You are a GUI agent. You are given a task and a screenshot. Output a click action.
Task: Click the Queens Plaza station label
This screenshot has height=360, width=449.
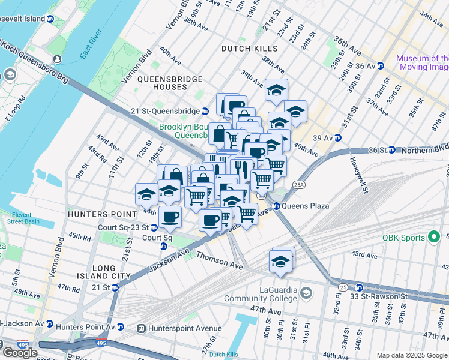pos(307,206)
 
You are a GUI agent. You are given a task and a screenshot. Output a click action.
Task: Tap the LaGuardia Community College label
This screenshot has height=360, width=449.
pos(261,293)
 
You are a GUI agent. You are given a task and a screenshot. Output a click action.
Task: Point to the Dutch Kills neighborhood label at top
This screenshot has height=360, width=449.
pos(249,48)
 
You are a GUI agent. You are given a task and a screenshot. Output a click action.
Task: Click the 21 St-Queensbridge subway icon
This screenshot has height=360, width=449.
pos(205,111)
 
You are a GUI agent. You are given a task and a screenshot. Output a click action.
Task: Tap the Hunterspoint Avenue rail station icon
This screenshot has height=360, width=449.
pos(142,328)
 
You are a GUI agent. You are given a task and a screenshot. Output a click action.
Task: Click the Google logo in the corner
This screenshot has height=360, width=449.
pos(19,353)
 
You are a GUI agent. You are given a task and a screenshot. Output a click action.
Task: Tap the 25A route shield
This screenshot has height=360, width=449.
pos(299,185)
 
